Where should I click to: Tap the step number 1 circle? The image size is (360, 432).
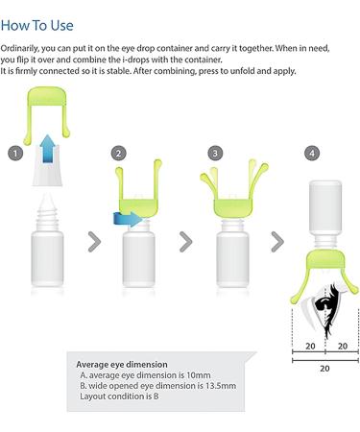pyautogui.click(x=14, y=153)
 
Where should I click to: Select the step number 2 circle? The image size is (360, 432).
pyautogui.click(x=118, y=153)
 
